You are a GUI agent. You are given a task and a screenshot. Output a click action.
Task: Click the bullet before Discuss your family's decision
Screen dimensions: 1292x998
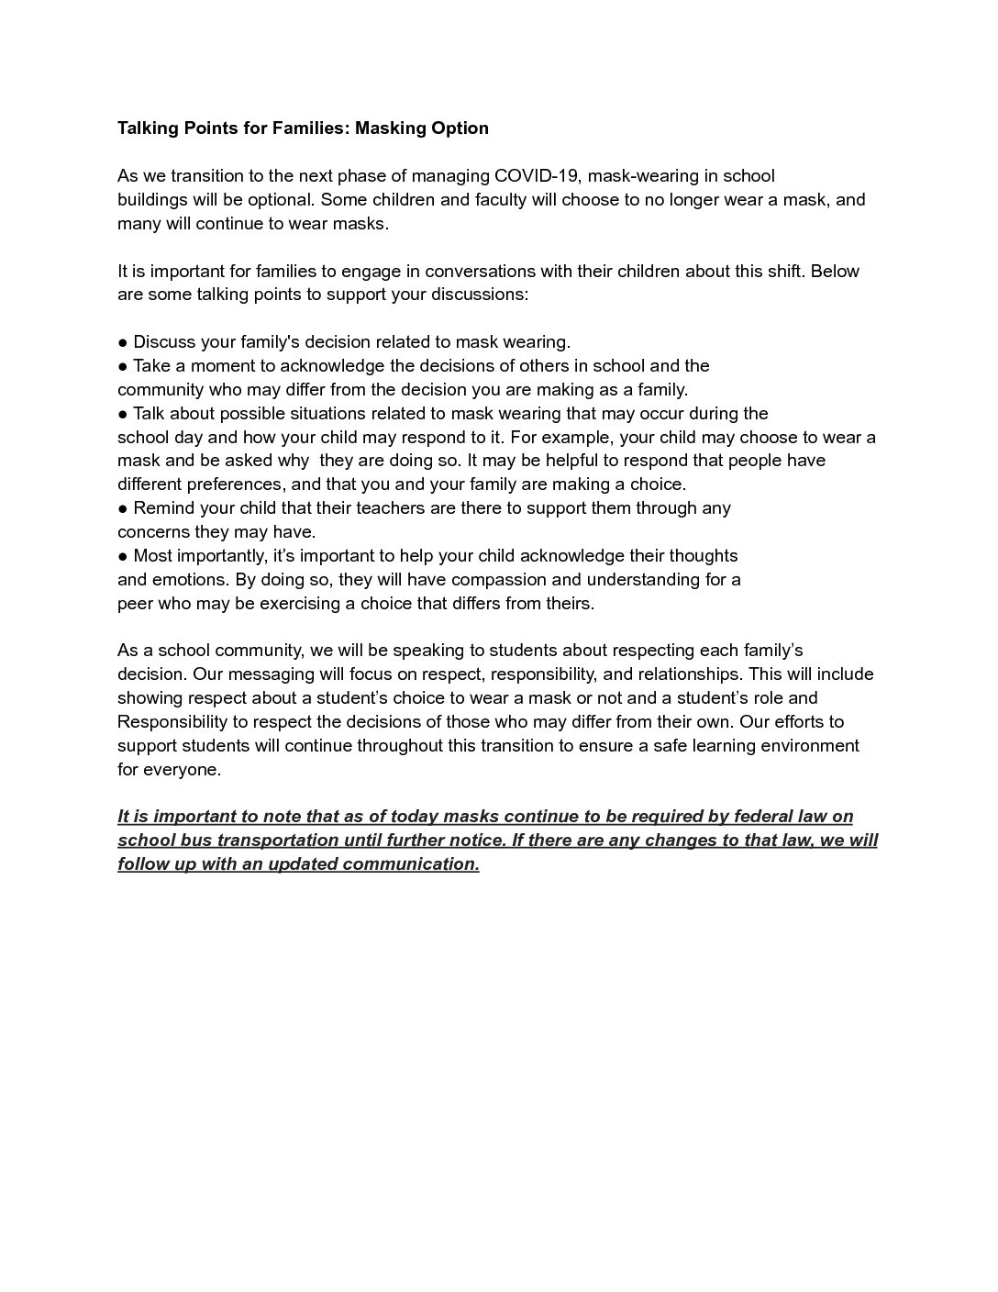(x=123, y=343)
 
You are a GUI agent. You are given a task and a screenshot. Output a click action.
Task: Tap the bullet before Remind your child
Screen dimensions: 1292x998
(x=123, y=509)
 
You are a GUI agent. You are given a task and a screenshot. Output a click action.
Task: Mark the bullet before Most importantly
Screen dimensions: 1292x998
(x=123, y=557)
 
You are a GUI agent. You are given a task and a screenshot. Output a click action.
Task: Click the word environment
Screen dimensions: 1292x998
(x=808, y=746)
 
